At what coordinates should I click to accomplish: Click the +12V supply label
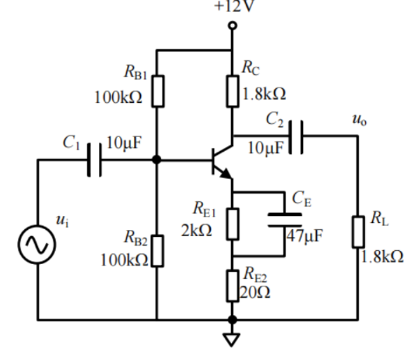click(x=232, y=7)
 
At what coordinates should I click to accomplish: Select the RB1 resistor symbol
click(x=157, y=91)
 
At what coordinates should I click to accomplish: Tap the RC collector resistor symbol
click(x=232, y=91)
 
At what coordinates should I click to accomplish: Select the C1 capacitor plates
click(x=95, y=159)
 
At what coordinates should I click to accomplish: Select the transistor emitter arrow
click(x=226, y=173)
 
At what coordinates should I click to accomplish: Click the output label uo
click(x=357, y=120)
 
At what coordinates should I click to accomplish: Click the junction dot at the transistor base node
click(x=157, y=159)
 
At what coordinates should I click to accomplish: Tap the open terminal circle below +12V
click(x=232, y=27)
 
